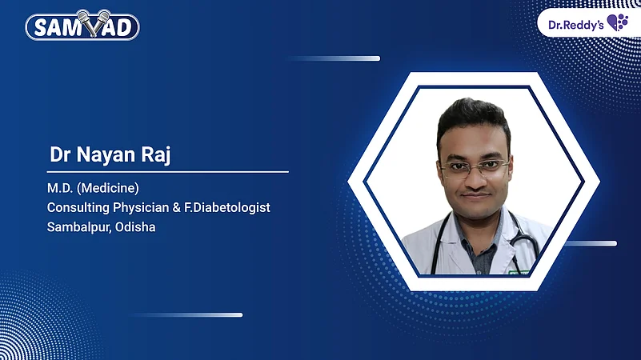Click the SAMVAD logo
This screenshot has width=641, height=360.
click(x=82, y=26)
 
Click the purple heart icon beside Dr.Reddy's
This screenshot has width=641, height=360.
click(x=617, y=22)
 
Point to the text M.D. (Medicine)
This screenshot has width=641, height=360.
click(x=94, y=189)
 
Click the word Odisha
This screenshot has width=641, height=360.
click(x=135, y=226)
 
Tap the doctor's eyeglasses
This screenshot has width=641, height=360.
click(x=474, y=168)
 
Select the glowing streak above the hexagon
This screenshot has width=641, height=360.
click(x=336, y=58)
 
